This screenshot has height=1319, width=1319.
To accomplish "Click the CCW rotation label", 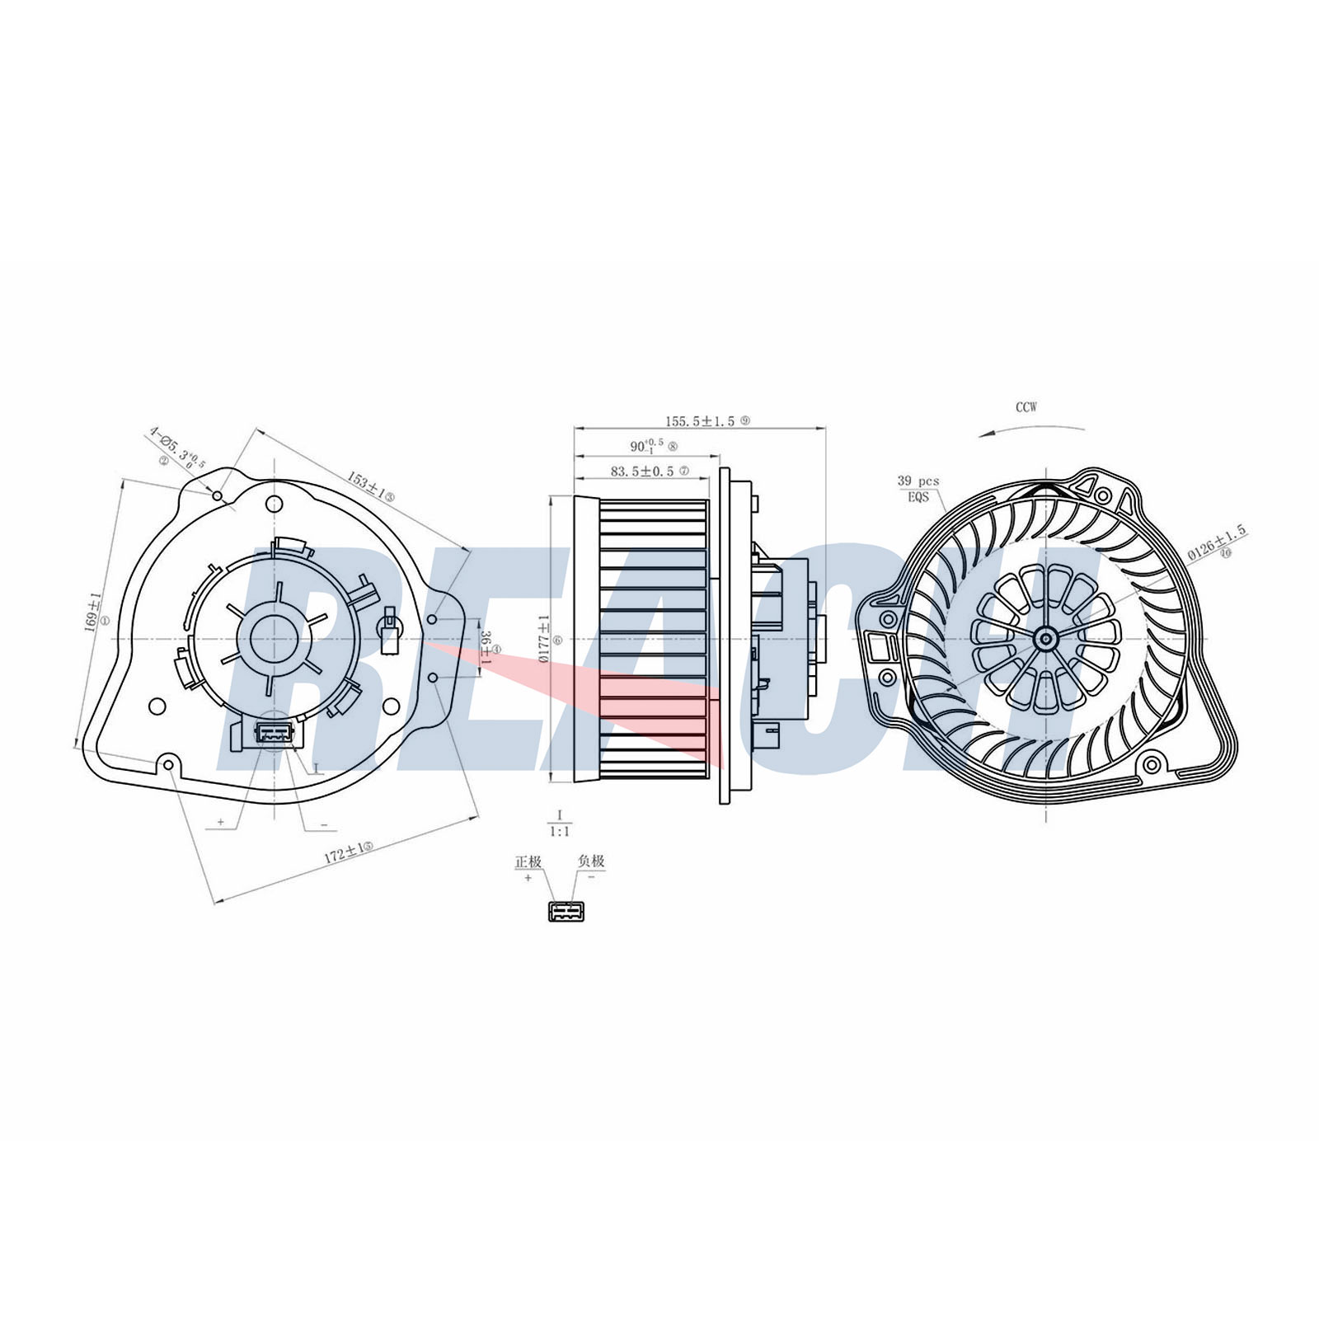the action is coord(1026,407).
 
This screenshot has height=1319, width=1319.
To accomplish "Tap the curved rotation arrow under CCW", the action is coord(1030,429).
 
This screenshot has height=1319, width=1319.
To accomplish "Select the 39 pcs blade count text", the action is coord(918,481).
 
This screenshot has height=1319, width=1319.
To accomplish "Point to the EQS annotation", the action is coord(918,497).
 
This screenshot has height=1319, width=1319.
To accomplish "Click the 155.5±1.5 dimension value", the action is coord(700,420).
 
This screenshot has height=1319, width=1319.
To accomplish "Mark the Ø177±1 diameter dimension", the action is coord(543,639).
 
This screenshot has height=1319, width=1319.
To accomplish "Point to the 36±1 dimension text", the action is coord(486,649).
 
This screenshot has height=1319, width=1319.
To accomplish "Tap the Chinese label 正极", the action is coord(528,861).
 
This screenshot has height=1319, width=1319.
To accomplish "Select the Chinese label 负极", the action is coord(591,861).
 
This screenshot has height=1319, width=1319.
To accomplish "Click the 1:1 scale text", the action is coord(560,832).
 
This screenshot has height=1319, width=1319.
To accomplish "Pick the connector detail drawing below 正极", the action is coord(566,911).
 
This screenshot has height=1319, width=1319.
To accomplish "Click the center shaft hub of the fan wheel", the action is coord(1046,637).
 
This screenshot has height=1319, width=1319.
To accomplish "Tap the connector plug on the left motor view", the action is coord(273,732).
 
